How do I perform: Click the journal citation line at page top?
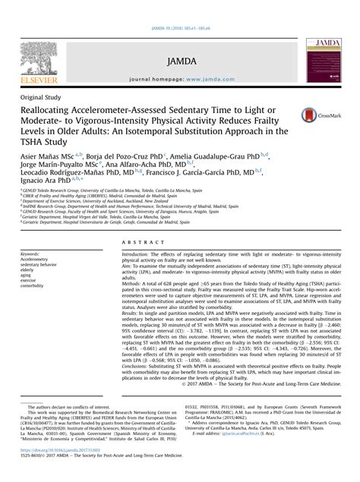[x=180, y=7]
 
